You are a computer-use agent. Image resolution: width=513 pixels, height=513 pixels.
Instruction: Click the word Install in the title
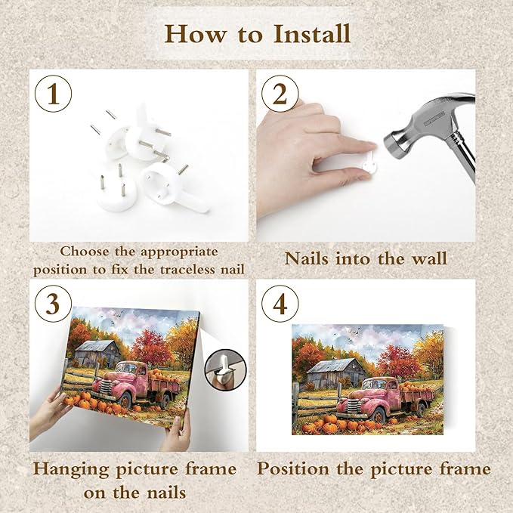[312, 34]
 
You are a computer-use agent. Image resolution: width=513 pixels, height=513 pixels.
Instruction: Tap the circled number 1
[53, 94]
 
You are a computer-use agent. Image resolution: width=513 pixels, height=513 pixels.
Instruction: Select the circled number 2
[280, 94]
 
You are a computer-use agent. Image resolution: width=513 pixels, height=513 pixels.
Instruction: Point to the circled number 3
[53, 304]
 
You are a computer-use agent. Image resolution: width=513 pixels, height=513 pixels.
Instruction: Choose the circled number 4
[280, 304]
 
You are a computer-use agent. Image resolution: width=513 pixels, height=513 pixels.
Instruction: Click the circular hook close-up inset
[225, 369]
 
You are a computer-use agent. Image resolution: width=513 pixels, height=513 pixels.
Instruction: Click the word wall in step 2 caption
[429, 258]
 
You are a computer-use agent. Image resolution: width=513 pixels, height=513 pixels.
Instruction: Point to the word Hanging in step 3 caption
[71, 469]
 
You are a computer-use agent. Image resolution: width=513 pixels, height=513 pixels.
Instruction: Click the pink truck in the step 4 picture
[385, 398]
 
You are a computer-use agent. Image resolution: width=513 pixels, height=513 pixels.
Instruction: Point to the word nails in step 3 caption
[166, 493]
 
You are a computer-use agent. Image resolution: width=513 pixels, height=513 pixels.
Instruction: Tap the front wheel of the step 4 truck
[379, 416]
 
